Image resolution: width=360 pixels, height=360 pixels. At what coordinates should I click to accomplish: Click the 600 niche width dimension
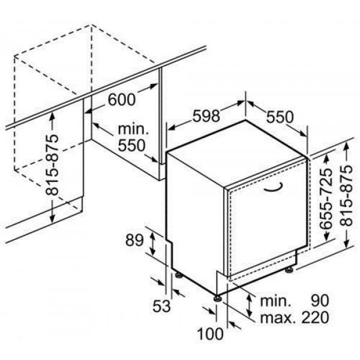point(122,99)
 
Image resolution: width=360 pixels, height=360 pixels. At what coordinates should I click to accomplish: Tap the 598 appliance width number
point(206,115)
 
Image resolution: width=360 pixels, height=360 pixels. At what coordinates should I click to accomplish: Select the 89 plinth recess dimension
point(134,240)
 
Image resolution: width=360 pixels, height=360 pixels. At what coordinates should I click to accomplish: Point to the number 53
point(161,305)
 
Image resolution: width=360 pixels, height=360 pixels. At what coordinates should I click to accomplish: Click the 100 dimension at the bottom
point(210,334)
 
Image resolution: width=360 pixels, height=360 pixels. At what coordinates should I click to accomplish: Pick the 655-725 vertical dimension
point(326,199)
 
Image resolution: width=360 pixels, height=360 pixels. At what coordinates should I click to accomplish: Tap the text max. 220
point(295,317)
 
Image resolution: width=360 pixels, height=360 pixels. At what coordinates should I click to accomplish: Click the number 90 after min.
point(320,301)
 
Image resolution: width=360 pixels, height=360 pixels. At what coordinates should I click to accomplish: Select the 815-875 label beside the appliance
point(346,196)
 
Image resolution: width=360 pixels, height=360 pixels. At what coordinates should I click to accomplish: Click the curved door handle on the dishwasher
point(273,187)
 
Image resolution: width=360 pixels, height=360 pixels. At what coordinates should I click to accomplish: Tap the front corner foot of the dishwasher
point(217,298)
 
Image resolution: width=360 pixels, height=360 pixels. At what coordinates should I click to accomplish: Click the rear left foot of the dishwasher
point(178,275)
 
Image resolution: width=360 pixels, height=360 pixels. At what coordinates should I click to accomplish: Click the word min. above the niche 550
point(133,130)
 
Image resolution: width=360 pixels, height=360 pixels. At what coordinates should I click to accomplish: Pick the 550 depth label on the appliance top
point(280,116)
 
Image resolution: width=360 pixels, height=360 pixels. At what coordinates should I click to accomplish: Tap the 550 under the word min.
point(131,145)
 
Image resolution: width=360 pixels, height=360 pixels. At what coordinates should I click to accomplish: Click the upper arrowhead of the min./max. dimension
point(249,298)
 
